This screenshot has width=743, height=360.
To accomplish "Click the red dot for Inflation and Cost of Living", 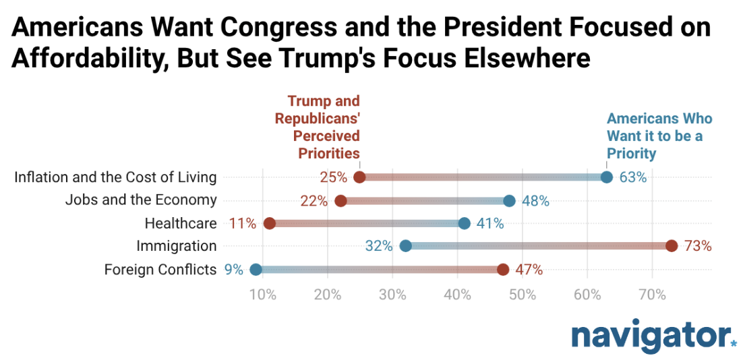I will click(x=359, y=177).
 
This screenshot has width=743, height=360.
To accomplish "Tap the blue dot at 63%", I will click(x=606, y=177).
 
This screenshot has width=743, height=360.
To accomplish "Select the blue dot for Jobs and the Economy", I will click(x=509, y=200).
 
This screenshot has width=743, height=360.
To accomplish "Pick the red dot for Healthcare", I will click(x=270, y=223).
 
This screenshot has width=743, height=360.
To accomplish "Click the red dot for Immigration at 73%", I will click(x=672, y=246).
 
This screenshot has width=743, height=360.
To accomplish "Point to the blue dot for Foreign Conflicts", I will click(x=256, y=270).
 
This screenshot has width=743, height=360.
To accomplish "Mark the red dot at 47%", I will click(x=503, y=270).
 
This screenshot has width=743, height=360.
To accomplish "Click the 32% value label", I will click(x=379, y=246).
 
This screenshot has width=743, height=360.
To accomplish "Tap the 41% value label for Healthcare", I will click(x=490, y=223).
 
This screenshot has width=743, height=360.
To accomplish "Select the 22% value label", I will click(x=314, y=200).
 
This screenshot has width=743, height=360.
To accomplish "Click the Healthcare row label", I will click(x=181, y=223).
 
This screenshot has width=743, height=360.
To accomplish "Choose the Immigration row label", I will click(x=176, y=246).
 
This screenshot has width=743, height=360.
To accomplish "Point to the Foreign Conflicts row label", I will click(x=160, y=270).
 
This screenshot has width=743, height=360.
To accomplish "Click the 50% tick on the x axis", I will click(x=523, y=295).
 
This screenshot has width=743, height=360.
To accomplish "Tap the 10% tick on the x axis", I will click(x=262, y=295).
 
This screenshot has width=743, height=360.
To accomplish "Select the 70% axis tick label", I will click(x=653, y=295).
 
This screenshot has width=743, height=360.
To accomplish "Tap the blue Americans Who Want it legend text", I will click(x=659, y=136).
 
